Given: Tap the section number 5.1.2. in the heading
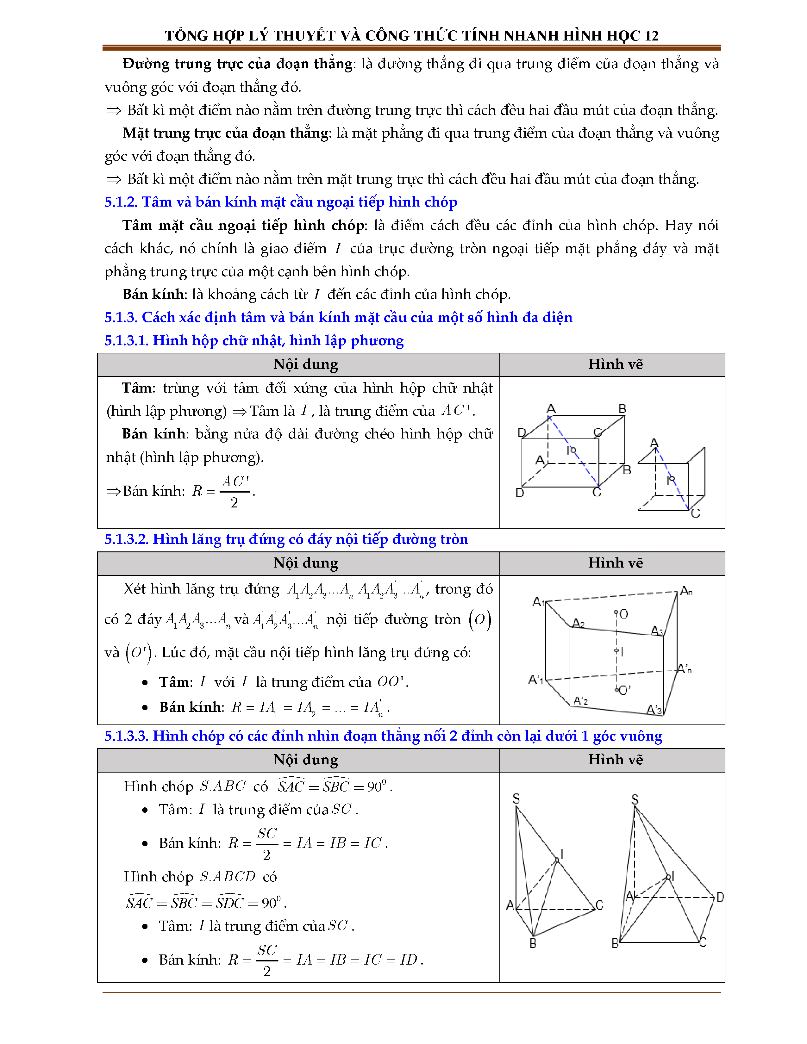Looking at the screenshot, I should coord(121,202).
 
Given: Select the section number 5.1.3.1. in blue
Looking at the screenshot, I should coord(127,341).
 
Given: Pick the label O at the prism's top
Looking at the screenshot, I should coord(623,614).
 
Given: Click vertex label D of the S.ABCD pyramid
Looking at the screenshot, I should coord(720,897).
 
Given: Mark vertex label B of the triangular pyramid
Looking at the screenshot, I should coord(533,943).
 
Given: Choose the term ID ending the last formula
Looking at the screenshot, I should coord(409,960).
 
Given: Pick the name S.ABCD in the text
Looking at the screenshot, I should coord(228,876).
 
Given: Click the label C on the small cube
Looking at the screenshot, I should coord(695,513).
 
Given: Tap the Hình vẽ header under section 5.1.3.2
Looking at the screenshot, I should coord(615,563).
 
